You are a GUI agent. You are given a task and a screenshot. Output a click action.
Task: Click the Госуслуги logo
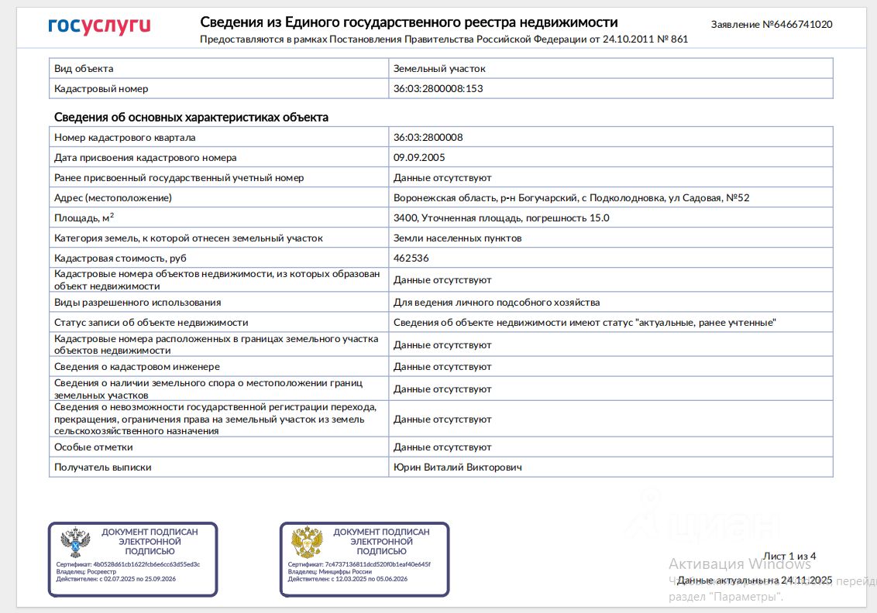tap(98, 27)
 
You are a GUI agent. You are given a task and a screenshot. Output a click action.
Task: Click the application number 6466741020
tap(797, 25)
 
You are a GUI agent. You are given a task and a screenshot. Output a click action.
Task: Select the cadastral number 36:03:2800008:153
tap(438, 89)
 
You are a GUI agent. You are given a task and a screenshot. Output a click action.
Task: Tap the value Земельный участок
tap(439, 69)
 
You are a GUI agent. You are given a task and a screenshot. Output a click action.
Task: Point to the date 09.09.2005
tap(418, 158)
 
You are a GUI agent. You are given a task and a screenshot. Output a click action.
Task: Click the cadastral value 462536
tap(411, 259)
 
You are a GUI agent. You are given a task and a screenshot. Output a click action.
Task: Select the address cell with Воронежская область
tap(571, 198)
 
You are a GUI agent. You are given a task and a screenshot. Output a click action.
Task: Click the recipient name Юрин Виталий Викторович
tap(458, 467)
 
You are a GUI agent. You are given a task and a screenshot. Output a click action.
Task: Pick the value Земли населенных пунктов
tap(457, 238)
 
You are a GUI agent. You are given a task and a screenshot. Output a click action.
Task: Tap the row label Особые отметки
tap(93, 447)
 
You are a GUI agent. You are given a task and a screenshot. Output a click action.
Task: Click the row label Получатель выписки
tap(102, 467)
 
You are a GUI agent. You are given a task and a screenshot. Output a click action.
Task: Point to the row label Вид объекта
tap(84, 69)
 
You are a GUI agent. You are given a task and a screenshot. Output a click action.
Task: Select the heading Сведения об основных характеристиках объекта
tap(191, 118)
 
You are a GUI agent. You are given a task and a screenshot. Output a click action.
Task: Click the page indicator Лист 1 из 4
tap(789, 556)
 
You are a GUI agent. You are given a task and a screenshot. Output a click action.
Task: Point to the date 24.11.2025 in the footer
tap(806, 580)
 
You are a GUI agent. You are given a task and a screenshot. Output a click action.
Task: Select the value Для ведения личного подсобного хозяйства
tap(496, 303)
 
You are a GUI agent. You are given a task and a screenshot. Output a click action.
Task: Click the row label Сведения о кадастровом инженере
tap(136, 367)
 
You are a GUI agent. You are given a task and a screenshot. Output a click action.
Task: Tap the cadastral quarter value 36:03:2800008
tap(428, 138)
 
